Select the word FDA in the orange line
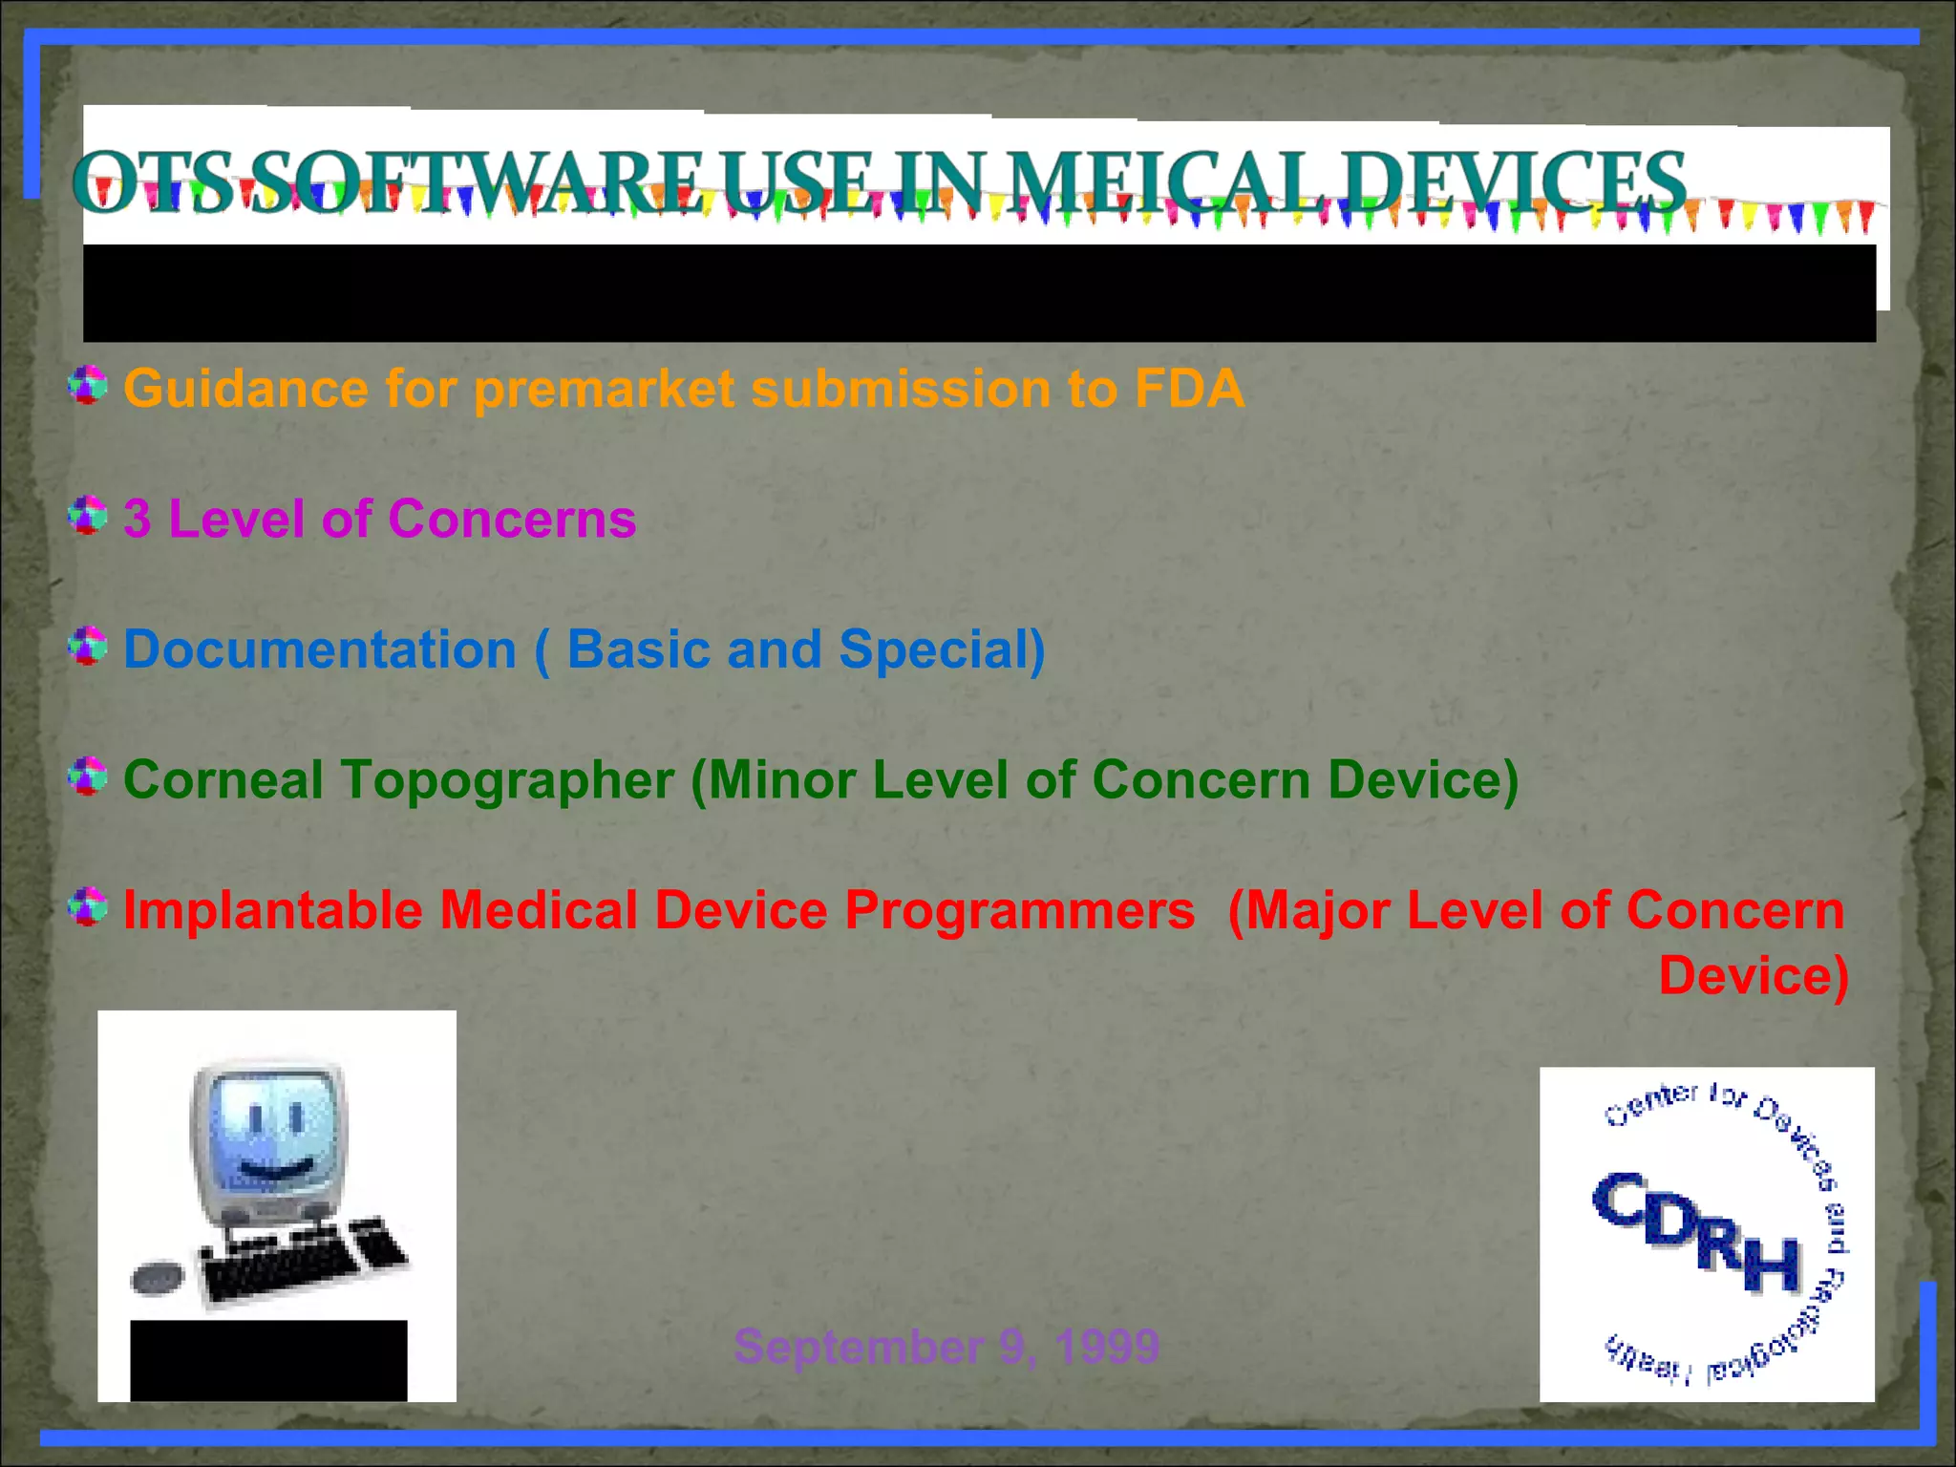pos(1189,389)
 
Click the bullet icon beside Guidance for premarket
pos(88,385)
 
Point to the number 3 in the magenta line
pos(138,519)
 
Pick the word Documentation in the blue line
pos(320,649)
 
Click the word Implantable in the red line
pos(273,909)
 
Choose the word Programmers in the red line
pos(1019,909)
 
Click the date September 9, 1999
pos(946,1346)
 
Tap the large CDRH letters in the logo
pos(1696,1233)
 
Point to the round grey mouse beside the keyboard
pos(157,1278)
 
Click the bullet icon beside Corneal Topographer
pos(88,776)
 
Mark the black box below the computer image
pos(268,1360)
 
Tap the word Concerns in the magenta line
pos(512,519)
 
